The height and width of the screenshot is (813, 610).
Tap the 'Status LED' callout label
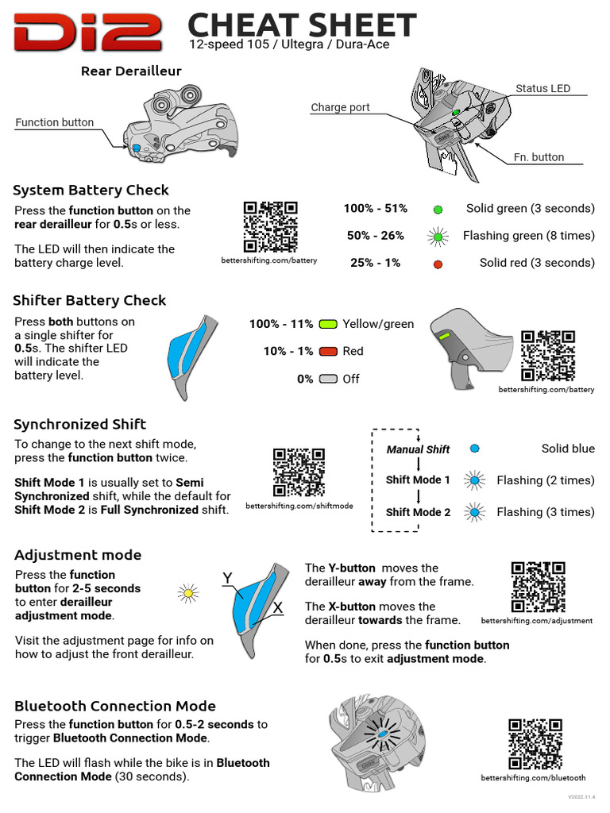click(x=542, y=88)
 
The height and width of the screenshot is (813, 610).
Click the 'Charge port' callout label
click(x=340, y=107)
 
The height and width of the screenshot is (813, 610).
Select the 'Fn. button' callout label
click(x=539, y=157)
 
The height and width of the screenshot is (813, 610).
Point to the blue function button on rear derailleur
click(x=136, y=148)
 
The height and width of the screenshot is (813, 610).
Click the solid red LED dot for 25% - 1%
click(x=438, y=264)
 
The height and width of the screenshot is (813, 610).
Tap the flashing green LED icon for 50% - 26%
click(x=438, y=236)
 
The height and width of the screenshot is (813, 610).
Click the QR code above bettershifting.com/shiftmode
click(x=299, y=472)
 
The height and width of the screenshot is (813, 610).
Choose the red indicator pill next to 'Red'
click(x=328, y=351)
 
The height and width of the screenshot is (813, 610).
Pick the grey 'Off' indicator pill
click(x=328, y=379)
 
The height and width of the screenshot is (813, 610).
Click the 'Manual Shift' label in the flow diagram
click(x=418, y=449)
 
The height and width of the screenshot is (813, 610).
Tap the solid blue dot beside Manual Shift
click(x=475, y=449)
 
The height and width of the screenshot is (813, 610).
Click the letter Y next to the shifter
click(x=227, y=577)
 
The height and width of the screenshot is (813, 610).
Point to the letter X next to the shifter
click(x=278, y=607)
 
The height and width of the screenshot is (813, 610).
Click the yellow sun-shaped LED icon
click(x=188, y=591)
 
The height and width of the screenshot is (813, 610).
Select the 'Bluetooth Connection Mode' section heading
click(x=115, y=706)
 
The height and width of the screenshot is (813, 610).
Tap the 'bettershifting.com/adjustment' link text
click(x=537, y=621)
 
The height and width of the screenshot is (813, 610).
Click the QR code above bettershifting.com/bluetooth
click(x=535, y=745)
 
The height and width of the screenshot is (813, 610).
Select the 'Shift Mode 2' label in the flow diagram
click(x=418, y=512)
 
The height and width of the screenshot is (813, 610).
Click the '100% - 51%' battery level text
click(x=375, y=208)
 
